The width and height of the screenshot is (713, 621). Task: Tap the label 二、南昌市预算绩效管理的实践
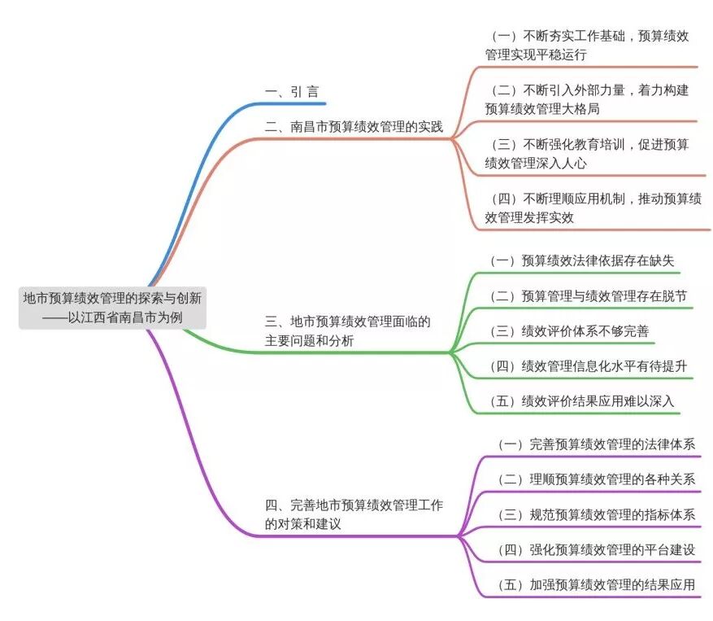[354, 126]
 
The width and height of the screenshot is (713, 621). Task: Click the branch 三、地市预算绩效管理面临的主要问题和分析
[347, 331]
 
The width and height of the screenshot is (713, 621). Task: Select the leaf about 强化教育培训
[587, 153]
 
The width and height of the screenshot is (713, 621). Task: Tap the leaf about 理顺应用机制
[592, 207]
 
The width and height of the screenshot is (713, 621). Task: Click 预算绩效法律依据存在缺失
[582, 260]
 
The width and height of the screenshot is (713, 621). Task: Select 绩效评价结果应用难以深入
[582, 401]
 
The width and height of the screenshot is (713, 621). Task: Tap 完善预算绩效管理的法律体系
[596, 444]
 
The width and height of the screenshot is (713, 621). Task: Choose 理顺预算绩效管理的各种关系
[596, 479]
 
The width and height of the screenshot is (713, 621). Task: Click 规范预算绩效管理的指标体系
[596, 514]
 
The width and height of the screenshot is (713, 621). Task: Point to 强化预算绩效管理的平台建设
[596, 549]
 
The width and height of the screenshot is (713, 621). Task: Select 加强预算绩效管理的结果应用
[596, 584]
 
